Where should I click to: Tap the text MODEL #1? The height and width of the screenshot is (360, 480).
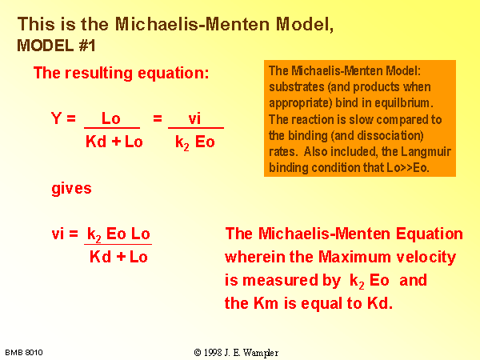[x=56, y=46]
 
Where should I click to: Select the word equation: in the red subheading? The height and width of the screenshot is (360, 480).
[x=174, y=74]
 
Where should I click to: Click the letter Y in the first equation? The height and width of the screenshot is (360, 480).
[x=56, y=118]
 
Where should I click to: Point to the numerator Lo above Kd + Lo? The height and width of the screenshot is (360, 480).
[x=111, y=118]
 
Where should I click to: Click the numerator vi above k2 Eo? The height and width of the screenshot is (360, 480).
[x=194, y=118]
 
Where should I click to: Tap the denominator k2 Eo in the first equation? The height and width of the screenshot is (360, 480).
[x=195, y=142]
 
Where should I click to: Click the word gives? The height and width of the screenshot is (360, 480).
[x=72, y=189]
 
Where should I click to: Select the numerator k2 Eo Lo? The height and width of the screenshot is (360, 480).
[x=118, y=234]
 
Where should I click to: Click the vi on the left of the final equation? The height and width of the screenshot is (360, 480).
[x=58, y=234]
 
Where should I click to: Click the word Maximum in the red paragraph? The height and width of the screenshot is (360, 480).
[x=354, y=257]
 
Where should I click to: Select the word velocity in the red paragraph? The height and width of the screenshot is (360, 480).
[x=426, y=258]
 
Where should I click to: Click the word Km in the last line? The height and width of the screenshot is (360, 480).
[x=266, y=304]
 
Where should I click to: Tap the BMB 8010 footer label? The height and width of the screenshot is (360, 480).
[x=24, y=353]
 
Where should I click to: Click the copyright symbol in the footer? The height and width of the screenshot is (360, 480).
[x=198, y=353]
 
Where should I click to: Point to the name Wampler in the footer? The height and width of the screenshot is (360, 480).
[x=261, y=353]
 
